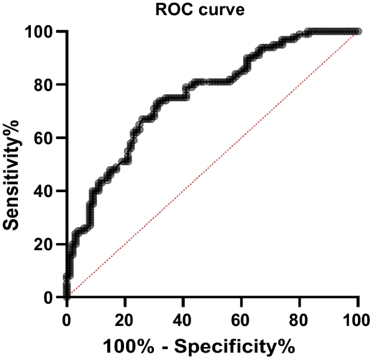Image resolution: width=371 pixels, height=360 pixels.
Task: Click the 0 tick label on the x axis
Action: coord(67,317)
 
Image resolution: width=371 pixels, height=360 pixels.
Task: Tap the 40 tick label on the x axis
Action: coord(183,317)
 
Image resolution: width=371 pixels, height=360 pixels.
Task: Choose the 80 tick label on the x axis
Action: coord(300,317)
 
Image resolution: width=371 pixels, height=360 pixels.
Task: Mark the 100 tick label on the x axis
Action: coord(356,317)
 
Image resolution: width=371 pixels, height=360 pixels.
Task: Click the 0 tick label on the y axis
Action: coord(49,297)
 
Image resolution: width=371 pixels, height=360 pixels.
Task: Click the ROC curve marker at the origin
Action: coord(67,297)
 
